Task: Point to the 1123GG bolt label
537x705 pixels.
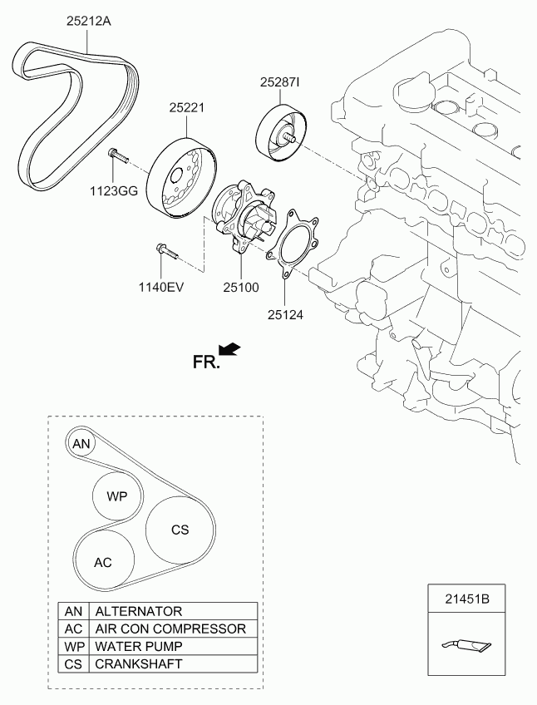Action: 114,190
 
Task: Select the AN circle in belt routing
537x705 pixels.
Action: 81,444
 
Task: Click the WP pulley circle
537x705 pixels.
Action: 116,495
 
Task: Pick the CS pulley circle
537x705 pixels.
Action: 180,530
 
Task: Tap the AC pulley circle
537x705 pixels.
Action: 103,562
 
